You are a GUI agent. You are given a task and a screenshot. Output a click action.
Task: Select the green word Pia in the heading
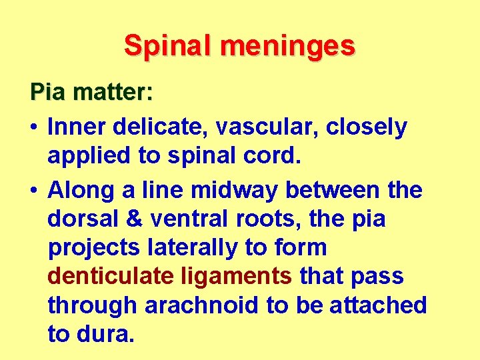pyautogui.click(x=48, y=91)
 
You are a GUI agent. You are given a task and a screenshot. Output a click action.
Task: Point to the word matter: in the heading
pyautogui.click(x=113, y=91)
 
